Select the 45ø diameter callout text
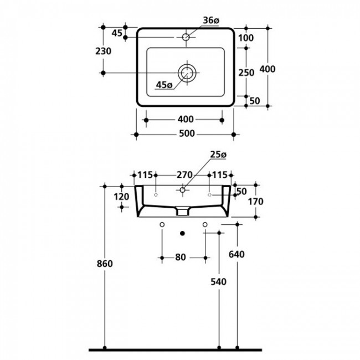point(164,85)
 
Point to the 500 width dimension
point(186,134)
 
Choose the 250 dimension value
point(246,72)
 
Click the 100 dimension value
point(246,38)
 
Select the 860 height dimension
point(105,264)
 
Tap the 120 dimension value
point(122,197)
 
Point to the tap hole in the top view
point(186,38)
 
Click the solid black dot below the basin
point(183,233)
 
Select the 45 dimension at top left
point(117,33)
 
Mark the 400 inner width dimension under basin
point(186,119)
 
